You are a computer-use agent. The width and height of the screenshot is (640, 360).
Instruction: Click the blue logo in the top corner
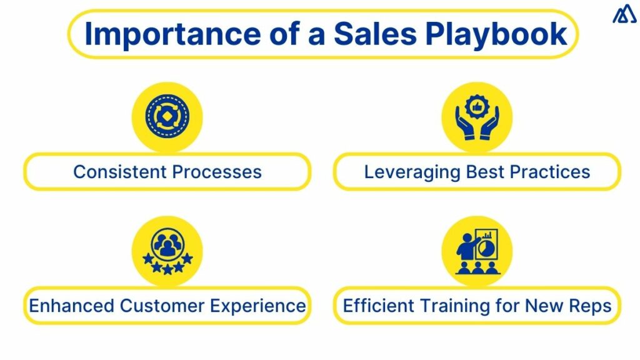point(623,15)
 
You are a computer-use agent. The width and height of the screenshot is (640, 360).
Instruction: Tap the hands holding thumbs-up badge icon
point(477,117)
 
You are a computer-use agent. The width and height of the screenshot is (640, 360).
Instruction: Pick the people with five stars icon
point(167,251)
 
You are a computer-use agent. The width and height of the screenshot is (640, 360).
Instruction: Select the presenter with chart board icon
point(477,251)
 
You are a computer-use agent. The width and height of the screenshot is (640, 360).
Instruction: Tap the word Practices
point(550,171)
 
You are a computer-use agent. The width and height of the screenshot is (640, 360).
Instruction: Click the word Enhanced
point(72,306)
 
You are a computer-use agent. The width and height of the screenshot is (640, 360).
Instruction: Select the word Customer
point(163,306)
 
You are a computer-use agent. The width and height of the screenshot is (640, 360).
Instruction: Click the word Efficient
point(377,306)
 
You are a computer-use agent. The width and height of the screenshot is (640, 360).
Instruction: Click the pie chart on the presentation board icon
point(486,248)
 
